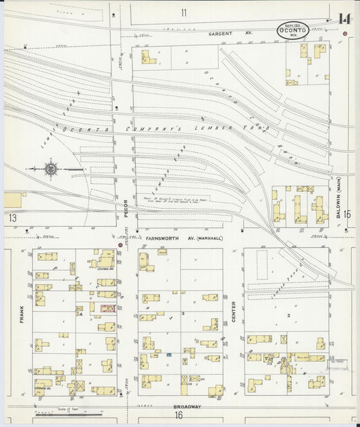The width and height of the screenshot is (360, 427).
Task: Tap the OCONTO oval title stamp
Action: pos(292,29)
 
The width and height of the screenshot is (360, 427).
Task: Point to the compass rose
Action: pos(51,168)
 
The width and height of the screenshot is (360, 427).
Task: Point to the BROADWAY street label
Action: pos(183,406)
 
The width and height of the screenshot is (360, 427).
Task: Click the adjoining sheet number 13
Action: pos(12,218)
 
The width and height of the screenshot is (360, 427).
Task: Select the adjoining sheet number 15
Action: pos(347,214)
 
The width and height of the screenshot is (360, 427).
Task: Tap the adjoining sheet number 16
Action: pos(180,416)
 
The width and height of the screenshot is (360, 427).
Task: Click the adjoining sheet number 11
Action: pos(184,13)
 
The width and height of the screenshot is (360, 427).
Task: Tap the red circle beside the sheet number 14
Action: pos(345,33)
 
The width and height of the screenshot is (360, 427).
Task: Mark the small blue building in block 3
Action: pos(169,354)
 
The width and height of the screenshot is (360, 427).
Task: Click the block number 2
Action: pos(288,315)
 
